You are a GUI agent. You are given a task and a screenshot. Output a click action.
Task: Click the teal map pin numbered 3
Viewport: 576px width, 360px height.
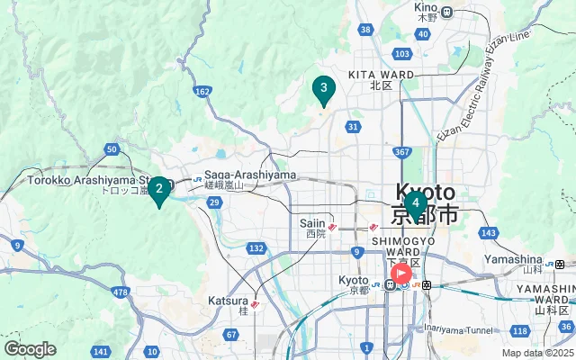pyautogui.click(x=323, y=89)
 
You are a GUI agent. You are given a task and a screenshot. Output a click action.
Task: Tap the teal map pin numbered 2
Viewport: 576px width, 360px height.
pyautogui.click(x=158, y=189)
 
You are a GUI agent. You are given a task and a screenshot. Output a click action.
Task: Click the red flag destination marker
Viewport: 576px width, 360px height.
pyautogui.click(x=401, y=274)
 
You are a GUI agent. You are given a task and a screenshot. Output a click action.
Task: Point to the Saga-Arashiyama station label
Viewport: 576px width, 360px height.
pyautogui.click(x=238, y=175)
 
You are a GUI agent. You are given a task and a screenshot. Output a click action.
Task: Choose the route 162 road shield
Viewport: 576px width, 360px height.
pyautogui.click(x=202, y=91)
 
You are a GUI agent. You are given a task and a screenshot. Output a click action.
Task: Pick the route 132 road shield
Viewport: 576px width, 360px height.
pyautogui.click(x=256, y=248)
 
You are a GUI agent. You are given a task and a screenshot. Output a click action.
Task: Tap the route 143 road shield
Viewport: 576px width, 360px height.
pyautogui.click(x=489, y=233)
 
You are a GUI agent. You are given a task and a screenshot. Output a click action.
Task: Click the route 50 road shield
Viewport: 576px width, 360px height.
pyautogui.click(x=112, y=149)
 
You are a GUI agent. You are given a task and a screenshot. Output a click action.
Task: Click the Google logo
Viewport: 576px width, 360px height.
pyautogui.click(x=30, y=349)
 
